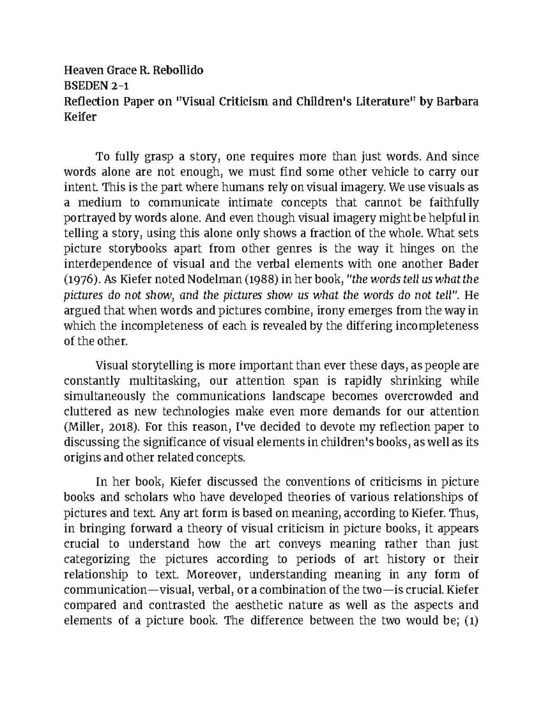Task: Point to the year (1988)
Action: [x=250, y=279]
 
